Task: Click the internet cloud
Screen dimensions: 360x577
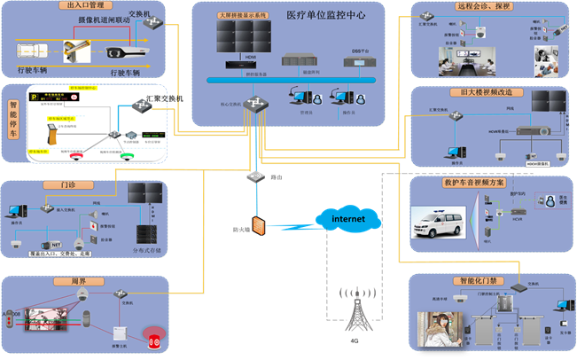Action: (347, 218)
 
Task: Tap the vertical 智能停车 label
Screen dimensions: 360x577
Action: (13, 123)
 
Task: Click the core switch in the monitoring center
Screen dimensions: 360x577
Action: (259, 104)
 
